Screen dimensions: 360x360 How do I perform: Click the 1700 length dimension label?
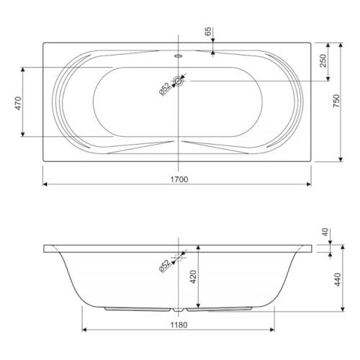[179, 179]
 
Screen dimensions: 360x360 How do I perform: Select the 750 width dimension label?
[337, 101]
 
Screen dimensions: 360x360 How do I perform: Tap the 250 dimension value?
[324, 61]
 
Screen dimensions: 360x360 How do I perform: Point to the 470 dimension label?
[19, 103]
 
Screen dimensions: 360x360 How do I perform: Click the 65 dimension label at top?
[208, 31]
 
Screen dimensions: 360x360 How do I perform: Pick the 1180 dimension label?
[179, 325]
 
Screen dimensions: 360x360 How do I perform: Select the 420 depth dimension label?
[193, 276]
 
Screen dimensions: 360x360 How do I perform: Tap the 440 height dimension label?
[338, 279]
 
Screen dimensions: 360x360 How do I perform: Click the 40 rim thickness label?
[325, 233]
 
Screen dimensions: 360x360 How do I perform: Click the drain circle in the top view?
[178, 81]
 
